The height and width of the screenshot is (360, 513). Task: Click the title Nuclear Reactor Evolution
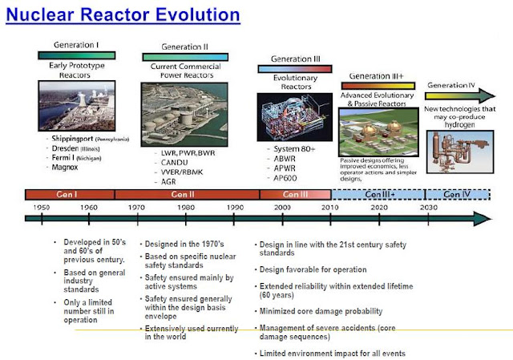pyautogui.click(x=122, y=14)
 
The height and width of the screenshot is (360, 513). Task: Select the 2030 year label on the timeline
pyautogui.click(x=429, y=207)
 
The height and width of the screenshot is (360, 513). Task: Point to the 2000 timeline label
pyautogui.click(x=283, y=207)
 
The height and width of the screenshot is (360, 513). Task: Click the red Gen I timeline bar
pyautogui.click(x=70, y=194)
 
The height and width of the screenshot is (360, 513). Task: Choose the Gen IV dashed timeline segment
pyautogui.click(x=456, y=194)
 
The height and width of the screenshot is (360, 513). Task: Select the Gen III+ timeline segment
pyautogui.click(x=377, y=194)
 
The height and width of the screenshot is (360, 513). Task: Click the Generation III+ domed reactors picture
pyautogui.click(x=378, y=131)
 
